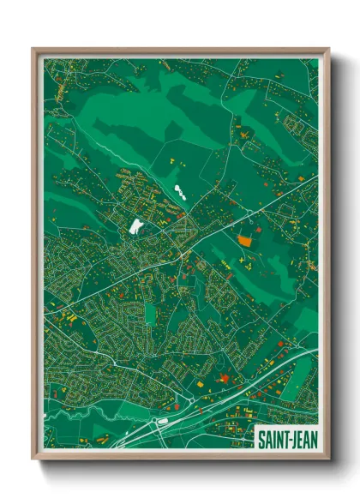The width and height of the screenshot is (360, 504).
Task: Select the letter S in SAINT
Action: pyautogui.click(x=261, y=440)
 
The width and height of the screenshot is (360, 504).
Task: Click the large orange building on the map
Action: pyautogui.click(x=246, y=241)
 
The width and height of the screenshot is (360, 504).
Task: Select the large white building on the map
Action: pyautogui.click(x=135, y=226)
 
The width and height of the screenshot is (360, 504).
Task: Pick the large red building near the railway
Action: pyautogui.click(x=225, y=377)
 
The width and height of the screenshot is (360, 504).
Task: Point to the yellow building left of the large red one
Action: pyautogui.click(x=206, y=383)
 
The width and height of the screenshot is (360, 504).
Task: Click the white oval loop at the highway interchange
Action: pyautogui.click(x=162, y=422)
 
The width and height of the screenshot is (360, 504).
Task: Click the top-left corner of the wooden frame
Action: pyautogui.click(x=33, y=49)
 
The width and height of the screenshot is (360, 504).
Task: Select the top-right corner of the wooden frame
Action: pyautogui.click(x=329, y=49)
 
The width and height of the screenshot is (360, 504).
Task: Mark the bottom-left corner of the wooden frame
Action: pyautogui.click(x=33, y=459)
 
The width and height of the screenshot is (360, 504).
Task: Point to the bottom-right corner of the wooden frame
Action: pyautogui.click(x=329, y=459)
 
